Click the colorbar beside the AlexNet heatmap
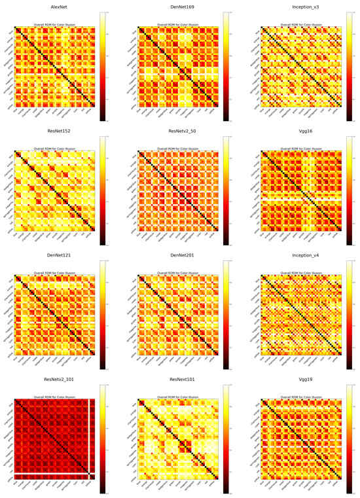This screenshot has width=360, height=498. pyautogui.click(x=103, y=66)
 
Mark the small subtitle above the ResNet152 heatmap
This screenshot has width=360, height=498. pyautogui.click(x=56, y=149)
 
